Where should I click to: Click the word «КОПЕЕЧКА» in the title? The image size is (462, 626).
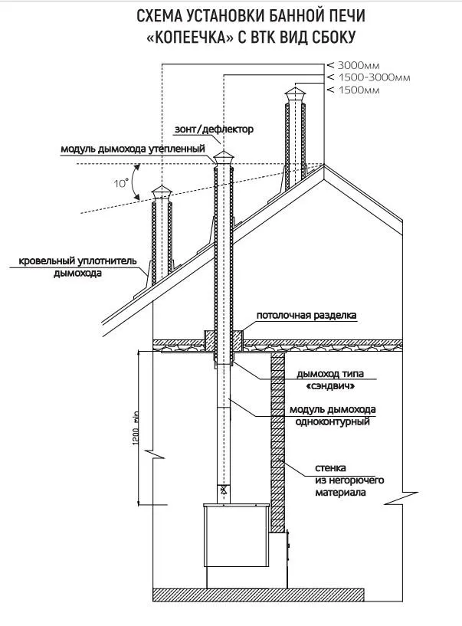tap(184, 37)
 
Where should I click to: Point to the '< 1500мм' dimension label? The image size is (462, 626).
tap(354, 90)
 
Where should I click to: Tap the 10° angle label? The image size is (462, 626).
tap(121, 184)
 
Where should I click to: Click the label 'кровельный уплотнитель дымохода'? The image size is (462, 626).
tap(77, 267)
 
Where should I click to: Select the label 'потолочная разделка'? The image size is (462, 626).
tap(306, 315)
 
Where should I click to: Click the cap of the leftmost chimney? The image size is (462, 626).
tap(162, 192)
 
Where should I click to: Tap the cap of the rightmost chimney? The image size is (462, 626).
tap(295, 95)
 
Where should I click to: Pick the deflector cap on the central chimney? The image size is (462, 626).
tap(224, 157)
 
